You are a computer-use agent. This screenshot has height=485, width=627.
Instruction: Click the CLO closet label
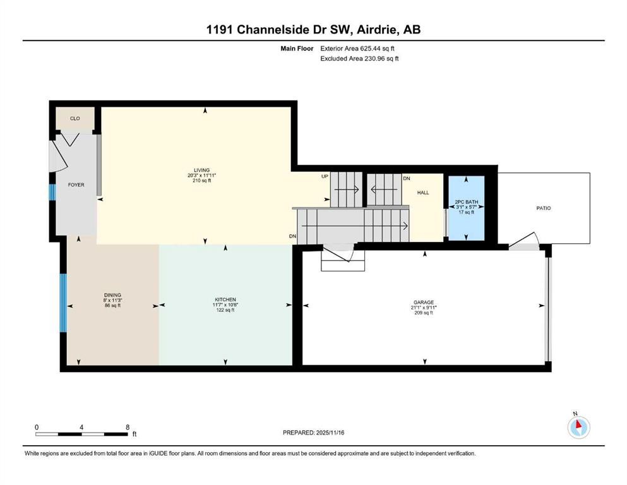coord(75,118)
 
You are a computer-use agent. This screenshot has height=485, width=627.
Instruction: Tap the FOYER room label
coord(76,185)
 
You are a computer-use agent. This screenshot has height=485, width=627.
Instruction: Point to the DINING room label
coord(112,294)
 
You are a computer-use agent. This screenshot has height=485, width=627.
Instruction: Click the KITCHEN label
coord(225,299)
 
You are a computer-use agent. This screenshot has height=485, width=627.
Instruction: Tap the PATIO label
coord(543,208)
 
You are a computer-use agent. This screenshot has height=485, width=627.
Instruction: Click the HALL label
coord(423,193)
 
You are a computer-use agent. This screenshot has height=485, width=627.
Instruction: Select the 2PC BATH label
coord(465,201)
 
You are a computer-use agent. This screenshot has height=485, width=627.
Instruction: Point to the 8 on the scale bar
coord(128,427)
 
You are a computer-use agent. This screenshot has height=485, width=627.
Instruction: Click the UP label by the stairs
coord(325,176)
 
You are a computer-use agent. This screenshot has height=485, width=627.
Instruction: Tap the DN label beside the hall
coord(407,179)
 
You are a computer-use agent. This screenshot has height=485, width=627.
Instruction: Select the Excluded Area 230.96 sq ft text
coord(360,59)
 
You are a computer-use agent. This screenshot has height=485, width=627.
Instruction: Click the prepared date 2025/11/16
coord(330,433)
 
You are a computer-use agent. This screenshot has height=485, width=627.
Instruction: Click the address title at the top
coord(313,30)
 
